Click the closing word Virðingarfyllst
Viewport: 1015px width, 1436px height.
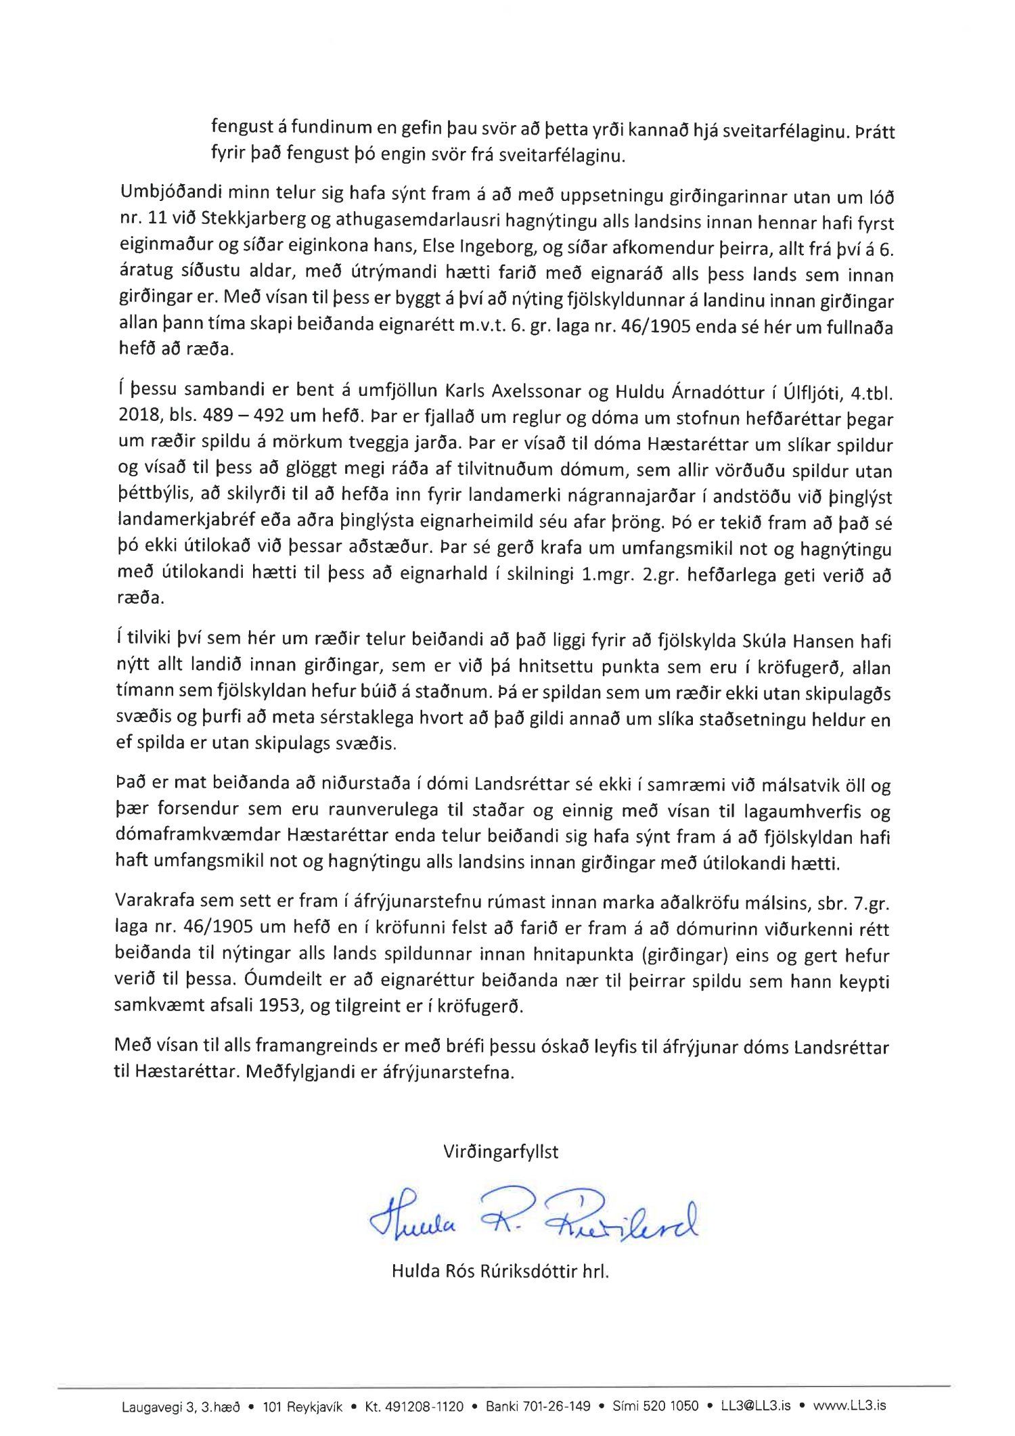click(501, 1152)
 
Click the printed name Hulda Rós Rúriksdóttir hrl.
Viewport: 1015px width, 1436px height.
click(500, 1272)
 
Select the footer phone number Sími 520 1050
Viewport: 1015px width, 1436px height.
click(655, 1406)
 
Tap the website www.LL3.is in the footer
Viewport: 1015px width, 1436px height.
click(849, 1406)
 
